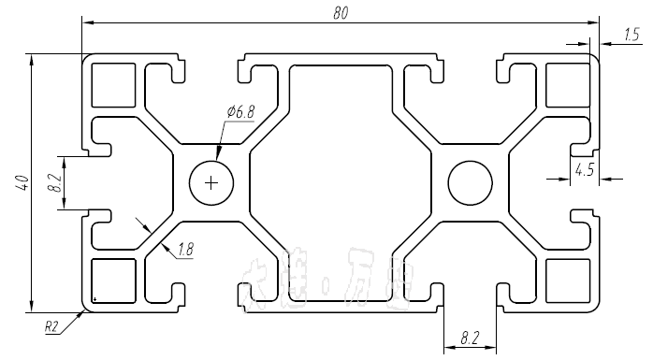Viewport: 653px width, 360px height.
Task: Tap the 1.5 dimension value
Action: pos(631,36)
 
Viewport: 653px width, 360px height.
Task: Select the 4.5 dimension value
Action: pos(584,169)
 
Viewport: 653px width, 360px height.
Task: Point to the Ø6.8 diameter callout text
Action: pos(239,112)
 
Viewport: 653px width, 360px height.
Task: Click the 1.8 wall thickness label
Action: pos(184,249)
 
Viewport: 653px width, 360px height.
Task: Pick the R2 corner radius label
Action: pos(52,327)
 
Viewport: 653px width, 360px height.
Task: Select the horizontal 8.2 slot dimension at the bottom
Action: pos(472,337)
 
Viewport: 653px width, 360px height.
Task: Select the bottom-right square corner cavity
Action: pos(567,281)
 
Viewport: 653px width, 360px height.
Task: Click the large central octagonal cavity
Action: pos(341,182)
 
